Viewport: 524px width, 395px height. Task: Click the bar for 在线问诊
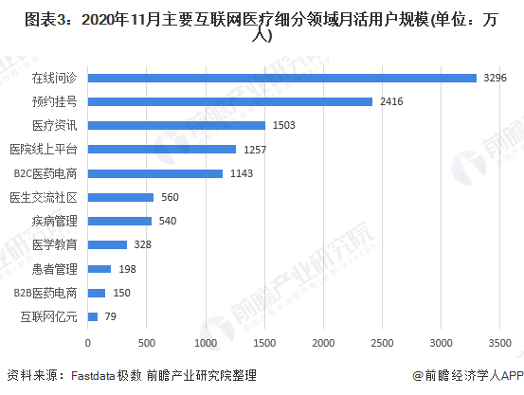[x=281, y=78]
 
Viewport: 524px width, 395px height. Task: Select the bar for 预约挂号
[x=229, y=101]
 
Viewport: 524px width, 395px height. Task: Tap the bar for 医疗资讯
[x=176, y=125]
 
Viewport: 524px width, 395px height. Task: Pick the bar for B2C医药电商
[x=155, y=173]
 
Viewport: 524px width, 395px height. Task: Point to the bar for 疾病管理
[x=119, y=221]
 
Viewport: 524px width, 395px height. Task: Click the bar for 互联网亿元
[x=93, y=316]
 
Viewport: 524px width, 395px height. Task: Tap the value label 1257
[x=256, y=150]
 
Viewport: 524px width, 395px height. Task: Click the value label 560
[x=170, y=197]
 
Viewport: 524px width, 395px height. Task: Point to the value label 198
[x=127, y=269]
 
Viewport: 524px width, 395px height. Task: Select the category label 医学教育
[x=60, y=245]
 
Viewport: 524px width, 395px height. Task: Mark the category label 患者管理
[x=60, y=269]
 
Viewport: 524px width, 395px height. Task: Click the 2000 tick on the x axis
[x=324, y=341]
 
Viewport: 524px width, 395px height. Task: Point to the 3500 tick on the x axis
[x=500, y=341]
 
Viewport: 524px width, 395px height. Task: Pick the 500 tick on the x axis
[x=147, y=341]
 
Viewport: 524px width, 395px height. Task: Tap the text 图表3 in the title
[x=27, y=17]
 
